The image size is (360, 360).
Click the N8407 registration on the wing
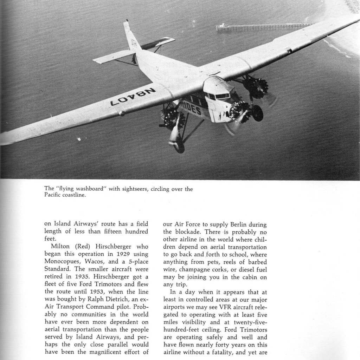pos(133,97)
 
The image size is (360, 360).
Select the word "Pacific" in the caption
pos(52,195)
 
